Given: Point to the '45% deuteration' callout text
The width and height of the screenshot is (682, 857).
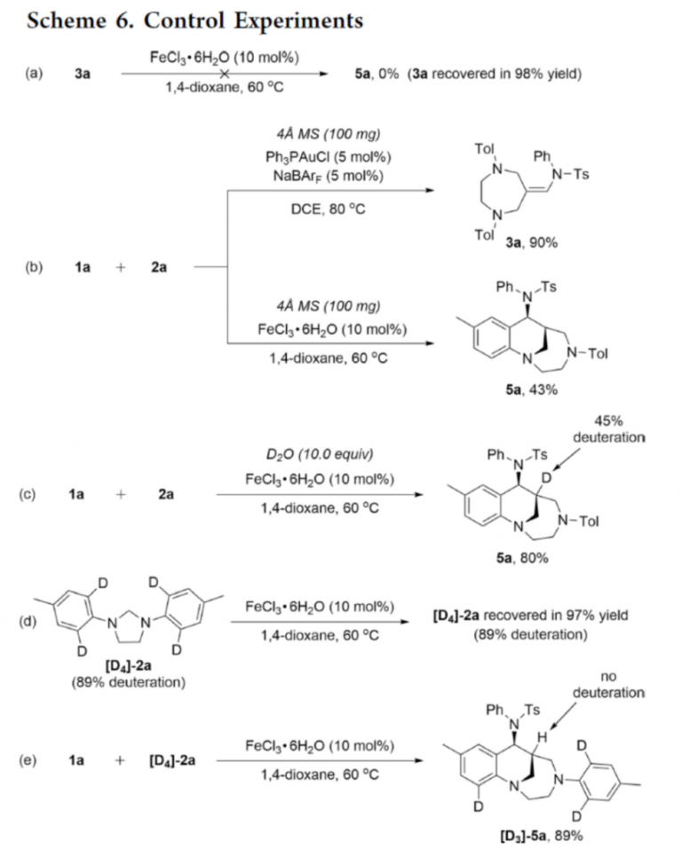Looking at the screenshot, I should coord(604,429).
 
